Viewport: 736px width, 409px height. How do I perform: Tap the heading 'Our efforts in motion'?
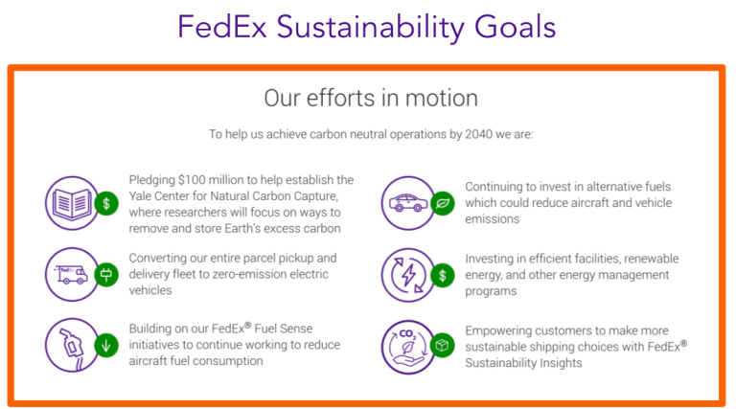click(x=370, y=99)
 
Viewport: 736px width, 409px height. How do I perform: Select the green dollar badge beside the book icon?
click(x=108, y=203)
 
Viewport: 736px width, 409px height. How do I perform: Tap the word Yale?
click(x=142, y=196)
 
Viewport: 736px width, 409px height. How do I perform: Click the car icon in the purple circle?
click(x=406, y=202)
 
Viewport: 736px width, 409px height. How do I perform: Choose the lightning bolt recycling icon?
click(x=406, y=274)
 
